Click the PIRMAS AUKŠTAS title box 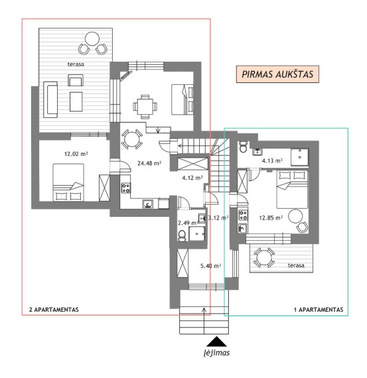(277, 74)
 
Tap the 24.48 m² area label (149, 163)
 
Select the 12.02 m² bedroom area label (76, 154)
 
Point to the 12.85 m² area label (271, 218)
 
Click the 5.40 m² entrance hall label (211, 266)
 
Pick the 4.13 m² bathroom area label (272, 160)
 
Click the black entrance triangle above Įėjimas (216, 342)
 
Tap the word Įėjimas (216, 353)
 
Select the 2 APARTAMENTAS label (54, 310)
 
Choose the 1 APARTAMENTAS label (319, 310)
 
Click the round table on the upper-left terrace (92, 39)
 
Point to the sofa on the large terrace (50, 99)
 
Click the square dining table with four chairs (145, 106)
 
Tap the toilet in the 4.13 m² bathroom (243, 147)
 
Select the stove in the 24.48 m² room (125, 188)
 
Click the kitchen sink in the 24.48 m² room (148, 204)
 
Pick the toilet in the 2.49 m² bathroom (182, 235)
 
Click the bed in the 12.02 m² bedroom (68, 182)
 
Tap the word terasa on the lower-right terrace (296, 265)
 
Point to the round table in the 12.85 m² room (295, 216)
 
